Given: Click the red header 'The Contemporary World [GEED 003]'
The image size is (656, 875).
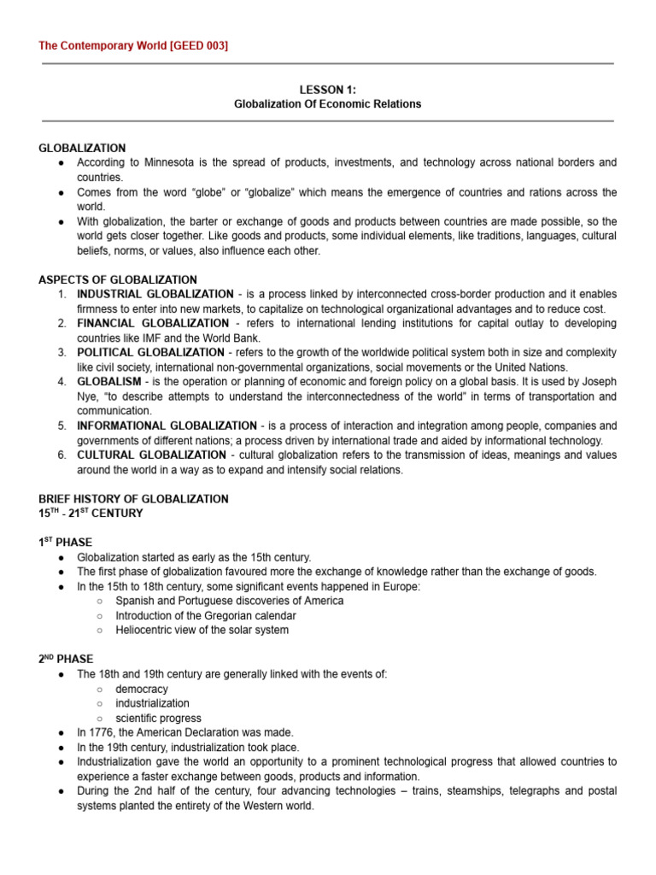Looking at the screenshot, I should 133,45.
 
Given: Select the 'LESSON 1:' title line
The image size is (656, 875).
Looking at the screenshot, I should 327,89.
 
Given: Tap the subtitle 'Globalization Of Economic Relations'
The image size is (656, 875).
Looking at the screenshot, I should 327,104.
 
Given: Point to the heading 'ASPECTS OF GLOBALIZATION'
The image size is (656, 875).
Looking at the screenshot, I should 118,279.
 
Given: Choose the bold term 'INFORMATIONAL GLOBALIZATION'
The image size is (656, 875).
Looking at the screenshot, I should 167,426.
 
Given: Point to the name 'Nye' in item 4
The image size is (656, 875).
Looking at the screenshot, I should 88,396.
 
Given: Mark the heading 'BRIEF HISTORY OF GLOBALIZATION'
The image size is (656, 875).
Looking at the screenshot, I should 133,499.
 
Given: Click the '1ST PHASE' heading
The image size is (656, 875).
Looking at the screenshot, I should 66,543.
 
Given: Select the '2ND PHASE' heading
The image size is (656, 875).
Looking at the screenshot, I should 67,660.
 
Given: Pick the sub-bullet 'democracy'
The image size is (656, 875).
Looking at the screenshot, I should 142,689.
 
